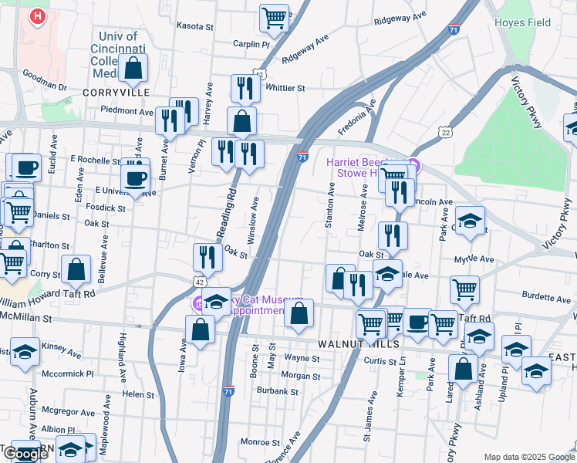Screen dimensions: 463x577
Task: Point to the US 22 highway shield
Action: tap(446, 133)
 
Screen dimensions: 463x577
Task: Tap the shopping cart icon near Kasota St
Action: tap(274, 19)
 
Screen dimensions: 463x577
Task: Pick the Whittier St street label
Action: tap(285, 88)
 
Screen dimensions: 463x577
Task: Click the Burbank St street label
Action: tap(278, 391)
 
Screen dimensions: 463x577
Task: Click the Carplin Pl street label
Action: tap(251, 44)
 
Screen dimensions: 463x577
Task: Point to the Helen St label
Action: tap(139, 394)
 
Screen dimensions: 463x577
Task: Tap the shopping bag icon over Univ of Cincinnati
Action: tap(133, 67)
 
